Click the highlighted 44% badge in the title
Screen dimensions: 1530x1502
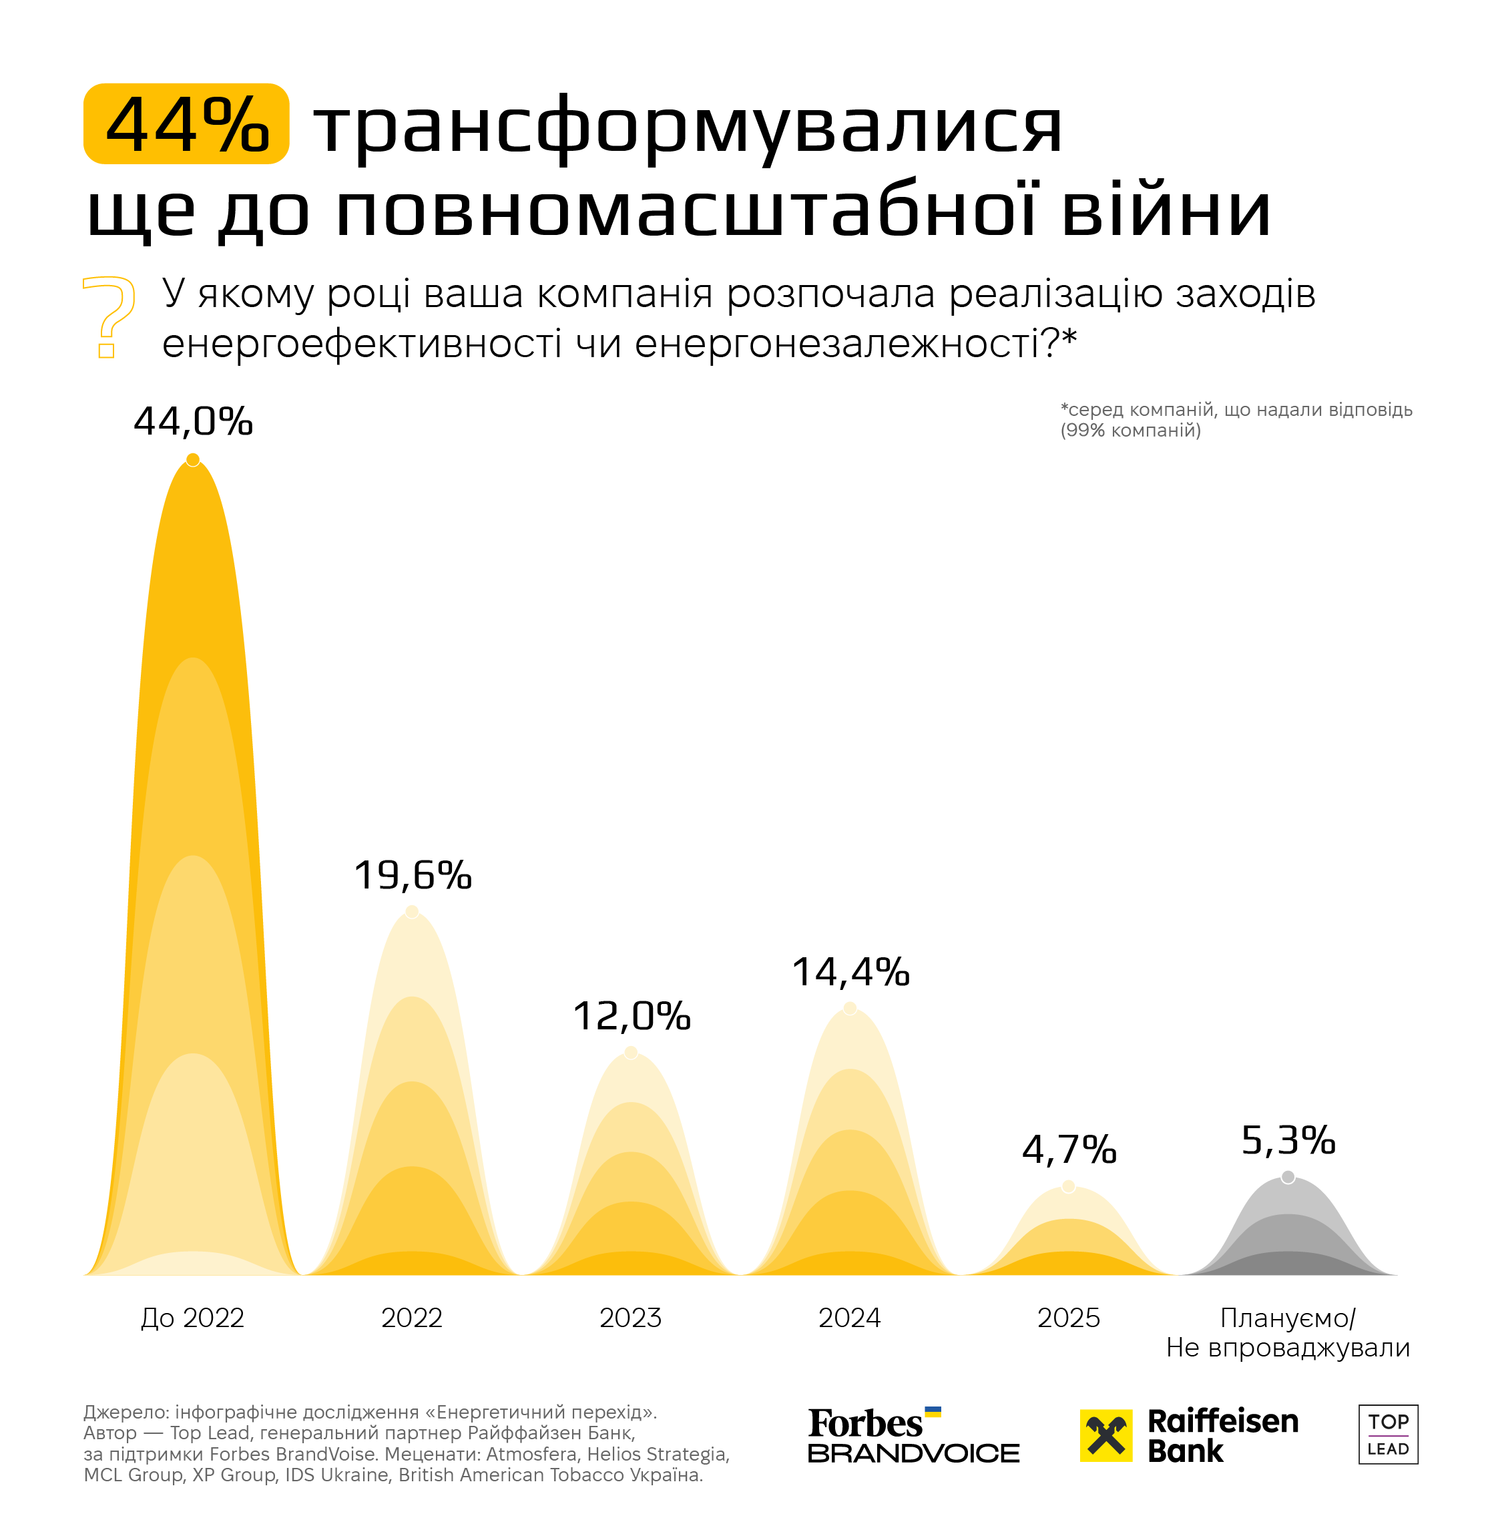pyautogui.click(x=186, y=123)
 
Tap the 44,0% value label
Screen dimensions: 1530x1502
pyautogui.click(x=194, y=421)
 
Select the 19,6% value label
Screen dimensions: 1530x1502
pyautogui.click(x=413, y=875)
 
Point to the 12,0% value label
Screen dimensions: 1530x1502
pyautogui.click(x=631, y=1016)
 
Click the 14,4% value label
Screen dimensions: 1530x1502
pyautogui.click(x=850, y=972)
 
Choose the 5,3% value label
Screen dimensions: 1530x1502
pyautogui.click(x=1288, y=1139)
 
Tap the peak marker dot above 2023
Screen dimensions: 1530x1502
pyautogui.click(x=631, y=1052)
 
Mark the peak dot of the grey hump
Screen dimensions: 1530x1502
pyautogui.click(x=1288, y=1177)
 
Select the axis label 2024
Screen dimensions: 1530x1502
pyautogui.click(x=850, y=1318)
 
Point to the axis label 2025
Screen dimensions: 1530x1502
pyautogui.click(x=1069, y=1318)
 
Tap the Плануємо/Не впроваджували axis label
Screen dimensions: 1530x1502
pyautogui.click(x=1288, y=1333)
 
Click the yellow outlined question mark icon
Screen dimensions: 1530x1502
pyautogui.click(x=109, y=317)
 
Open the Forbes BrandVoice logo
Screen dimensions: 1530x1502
pyautogui.click(x=913, y=1435)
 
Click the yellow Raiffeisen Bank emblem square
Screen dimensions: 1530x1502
pyautogui.click(x=1106, y=1435)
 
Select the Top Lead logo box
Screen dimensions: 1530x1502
pyautogui.click(x=1389, y=1435)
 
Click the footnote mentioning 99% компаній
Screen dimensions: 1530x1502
pyautogui.click(x=1236, y=420)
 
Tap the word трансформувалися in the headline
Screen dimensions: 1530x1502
pyautogui.click(x=688, y=126)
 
